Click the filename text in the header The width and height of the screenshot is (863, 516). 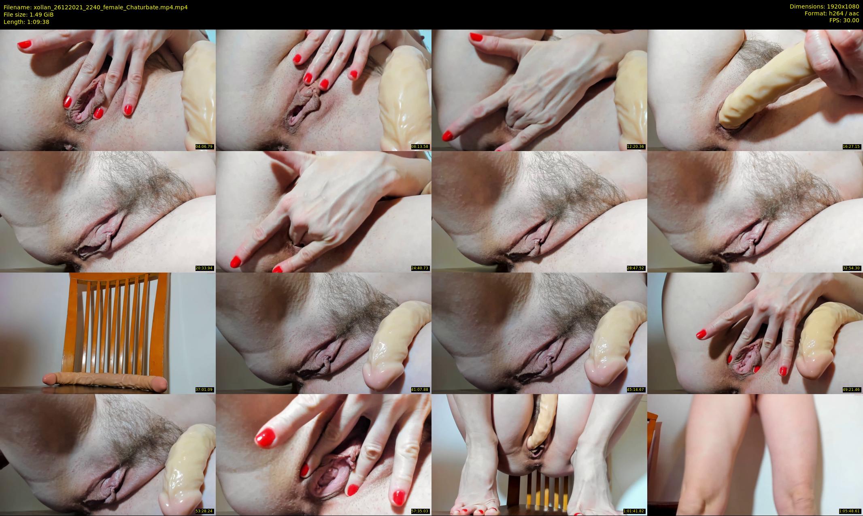[x=96, y=7]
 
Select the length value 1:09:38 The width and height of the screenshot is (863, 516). [x=37, y=22]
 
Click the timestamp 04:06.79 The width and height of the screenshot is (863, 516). [x=204, y=147]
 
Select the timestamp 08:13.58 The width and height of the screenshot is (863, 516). [x=420, y=147]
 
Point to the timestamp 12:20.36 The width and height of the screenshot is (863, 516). [x=636, y=147]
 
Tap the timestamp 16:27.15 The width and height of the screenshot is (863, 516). [x=851, y=147]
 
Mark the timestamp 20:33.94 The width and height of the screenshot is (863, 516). [x=204, y=268]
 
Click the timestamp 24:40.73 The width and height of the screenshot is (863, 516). [x=420, y=268]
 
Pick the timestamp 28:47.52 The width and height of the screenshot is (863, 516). [x=636, y=268]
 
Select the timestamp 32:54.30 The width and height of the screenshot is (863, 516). [x=851, y=268]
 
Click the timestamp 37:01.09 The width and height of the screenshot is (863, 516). [x=204, y=390]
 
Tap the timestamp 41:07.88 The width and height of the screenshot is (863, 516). [x=420, y=390]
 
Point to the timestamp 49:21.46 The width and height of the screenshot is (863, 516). [x=851, y=390]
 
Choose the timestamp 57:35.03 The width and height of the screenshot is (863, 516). [x=420, y=511]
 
